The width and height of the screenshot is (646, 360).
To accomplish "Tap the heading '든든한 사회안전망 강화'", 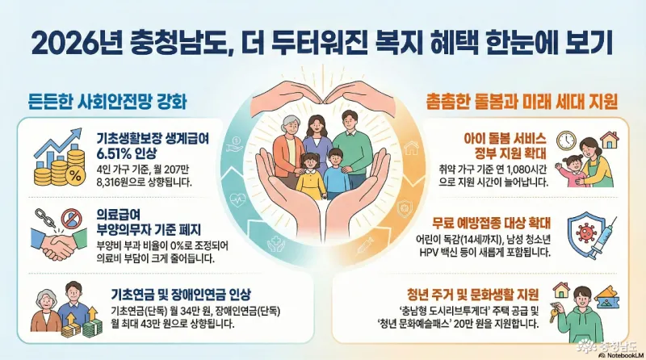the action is [108, 101].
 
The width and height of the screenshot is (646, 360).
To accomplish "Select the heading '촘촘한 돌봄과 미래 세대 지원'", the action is [522, 101].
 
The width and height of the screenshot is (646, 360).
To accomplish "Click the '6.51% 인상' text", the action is [127, 153].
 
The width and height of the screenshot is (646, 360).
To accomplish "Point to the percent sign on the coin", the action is [75, 176].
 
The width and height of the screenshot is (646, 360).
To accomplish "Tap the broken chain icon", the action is [45, 218].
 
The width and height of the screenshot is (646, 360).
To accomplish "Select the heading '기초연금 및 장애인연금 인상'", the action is [180, 295].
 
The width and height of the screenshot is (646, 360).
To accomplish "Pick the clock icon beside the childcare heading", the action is [567, 140].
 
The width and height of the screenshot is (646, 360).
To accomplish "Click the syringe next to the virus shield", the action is [602, 237].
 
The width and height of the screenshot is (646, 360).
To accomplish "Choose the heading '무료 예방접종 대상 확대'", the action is [491, 224].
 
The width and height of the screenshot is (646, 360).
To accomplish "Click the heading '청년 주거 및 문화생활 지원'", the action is [472, 295].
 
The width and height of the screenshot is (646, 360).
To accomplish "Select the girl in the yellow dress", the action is [311, 177].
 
